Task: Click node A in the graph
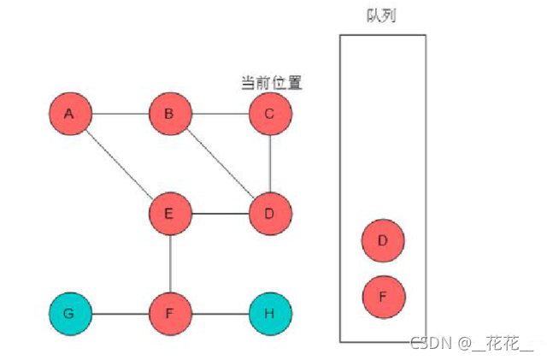pyautogui.click(x=69, y=114)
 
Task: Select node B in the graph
pyautogui.click(x=169, y=114)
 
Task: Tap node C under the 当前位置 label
pyautogui.click(x=270, y=114)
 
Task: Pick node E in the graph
pyautogui.click(x=169, y=214)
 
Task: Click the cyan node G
pyautogui.click(x=69, y=314)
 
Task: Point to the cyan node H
pyautogui.click(x=270, y=314)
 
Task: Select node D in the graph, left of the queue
pyautogui.click(x=270, y=214)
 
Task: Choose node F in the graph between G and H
pyautogui.click(x=169, y=314)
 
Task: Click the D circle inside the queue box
pyautogui.click(x=383, y=241)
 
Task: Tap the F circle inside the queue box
pyautogui.click(x=383, y=297)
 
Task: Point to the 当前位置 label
pyautogui.click(x=272, y=83)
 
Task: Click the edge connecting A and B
pyautogui.click(x=120, y=114)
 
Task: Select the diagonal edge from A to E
pyautogui.click(x=120, y=163)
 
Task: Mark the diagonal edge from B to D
pyautogui.click(x=220, y=163)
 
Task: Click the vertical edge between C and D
pyautogui.click(x=270, y=163)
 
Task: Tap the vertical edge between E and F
pyautogui.click(x=169, y=263)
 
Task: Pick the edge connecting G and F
pyautogui.click(x=120, y=314)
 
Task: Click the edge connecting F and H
pyautogui.click(x=220, y=314)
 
